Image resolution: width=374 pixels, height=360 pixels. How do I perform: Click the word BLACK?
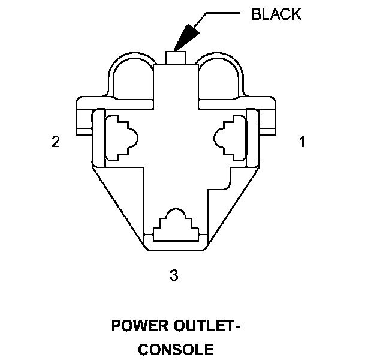click(x=276, y=14)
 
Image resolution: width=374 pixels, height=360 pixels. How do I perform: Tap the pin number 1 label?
click(x=302, y=142)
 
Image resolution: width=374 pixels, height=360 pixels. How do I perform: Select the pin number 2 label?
click(x=56, y=142)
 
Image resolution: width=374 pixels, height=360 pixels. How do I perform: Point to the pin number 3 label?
click(x=174, y=275)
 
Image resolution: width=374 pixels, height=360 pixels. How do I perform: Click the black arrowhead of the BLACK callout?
click(x=186, y=37)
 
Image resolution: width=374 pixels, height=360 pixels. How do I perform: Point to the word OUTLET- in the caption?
click(x=206, y=327)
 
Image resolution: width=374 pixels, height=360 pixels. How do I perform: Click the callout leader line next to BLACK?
click(x=222, y=14)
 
